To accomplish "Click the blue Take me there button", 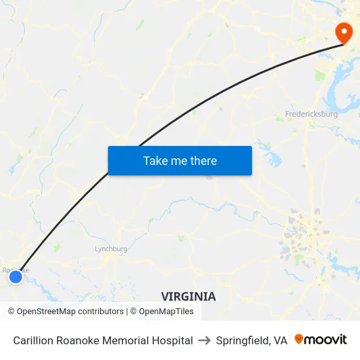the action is coord(179,160).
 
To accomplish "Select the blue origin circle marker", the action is coord(16,277).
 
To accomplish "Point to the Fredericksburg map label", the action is coord(311,114).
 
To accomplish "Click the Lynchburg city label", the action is coord(111,249).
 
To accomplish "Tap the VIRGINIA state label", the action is coord(188,297).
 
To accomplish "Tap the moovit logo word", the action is coord(326,340).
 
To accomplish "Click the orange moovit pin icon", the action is coord(298,339).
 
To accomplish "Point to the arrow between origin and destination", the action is coord(204,340).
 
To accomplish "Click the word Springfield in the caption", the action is coord(242,340).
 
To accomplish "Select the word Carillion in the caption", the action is coord(34,340).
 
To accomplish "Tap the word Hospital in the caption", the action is coord(171,340).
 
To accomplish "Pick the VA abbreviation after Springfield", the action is coord(280,340).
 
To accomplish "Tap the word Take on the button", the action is coord(155,160).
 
